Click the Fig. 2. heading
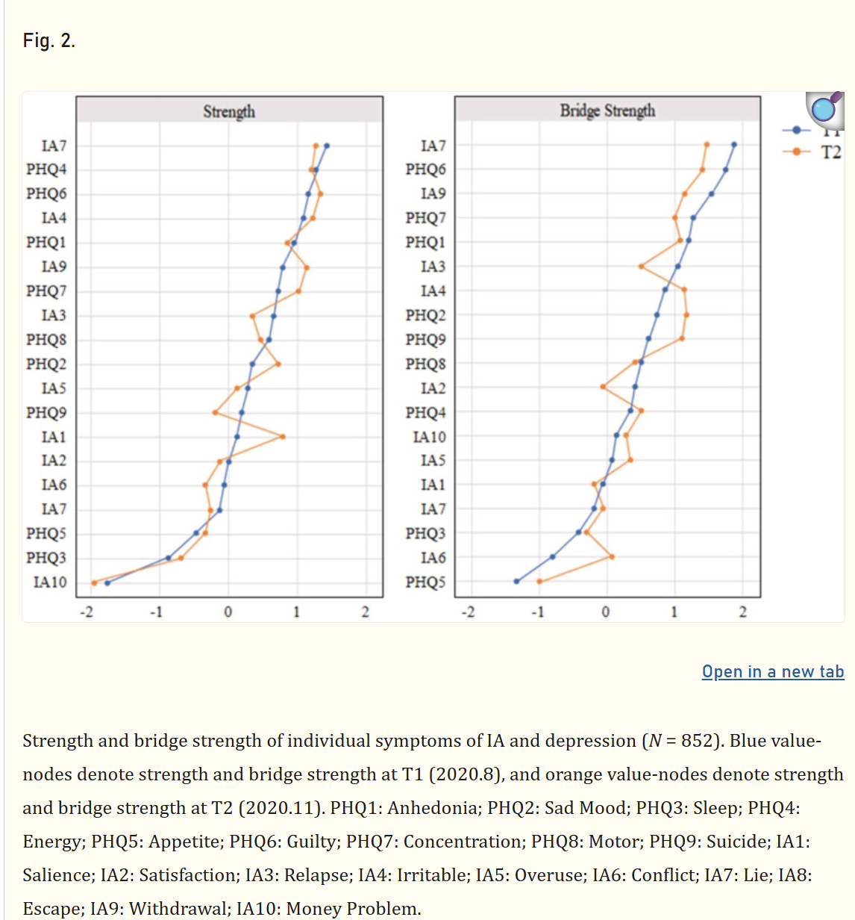pos(49,41)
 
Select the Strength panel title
pos(229,111)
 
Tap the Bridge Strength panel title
pos(607,111)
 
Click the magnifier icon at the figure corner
pos(824,111)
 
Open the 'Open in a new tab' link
pos(773,671)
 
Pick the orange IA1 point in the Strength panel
pos(282,436)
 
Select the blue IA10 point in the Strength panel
pos(107,582)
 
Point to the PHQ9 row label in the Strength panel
pos(46,412)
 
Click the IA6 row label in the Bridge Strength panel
pos(433,557)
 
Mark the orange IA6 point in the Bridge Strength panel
pos(612,557)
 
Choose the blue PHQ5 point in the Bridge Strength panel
pos(516,582)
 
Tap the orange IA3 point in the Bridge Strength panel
pos(641,267)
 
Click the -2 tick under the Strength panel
pos(87,612)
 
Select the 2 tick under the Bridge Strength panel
pos(742,612)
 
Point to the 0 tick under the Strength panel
pos(228,612)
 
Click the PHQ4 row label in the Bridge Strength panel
pos(426,412)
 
